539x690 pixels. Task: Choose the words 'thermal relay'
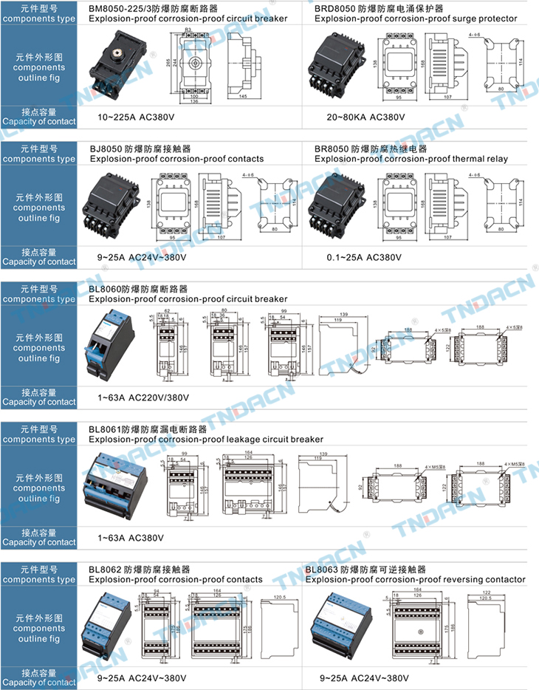tap(480, 159)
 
